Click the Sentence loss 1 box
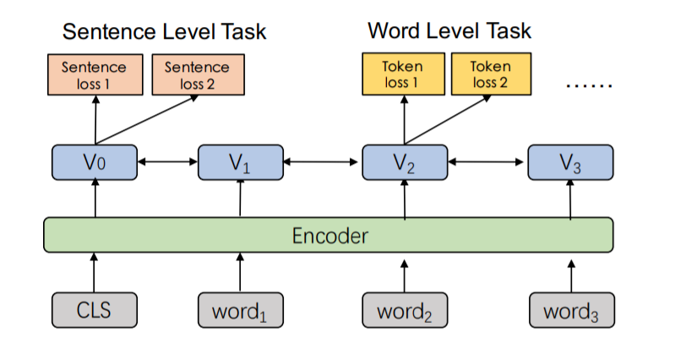tap(95, 75)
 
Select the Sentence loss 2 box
tap(199, 75)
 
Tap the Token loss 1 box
tap(403, 74)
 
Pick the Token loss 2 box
tap(492, 74)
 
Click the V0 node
tap(95, 162)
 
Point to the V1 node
tap(241, 162)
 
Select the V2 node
tap(405, 162)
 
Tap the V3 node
tap(570, 162)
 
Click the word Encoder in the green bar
tap(329, 236)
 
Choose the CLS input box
tap(95, 310)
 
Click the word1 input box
tap(241, 310)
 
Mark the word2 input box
tap(405, 310)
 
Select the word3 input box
tap(572, 310)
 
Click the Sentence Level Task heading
tap(164, 31)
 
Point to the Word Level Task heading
tap(449, 30)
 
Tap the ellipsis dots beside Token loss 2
tap(589, 85)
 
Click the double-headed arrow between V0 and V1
tap(167, 162)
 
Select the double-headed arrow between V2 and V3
tap(486, 162)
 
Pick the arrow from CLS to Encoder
tap(94, 272)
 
